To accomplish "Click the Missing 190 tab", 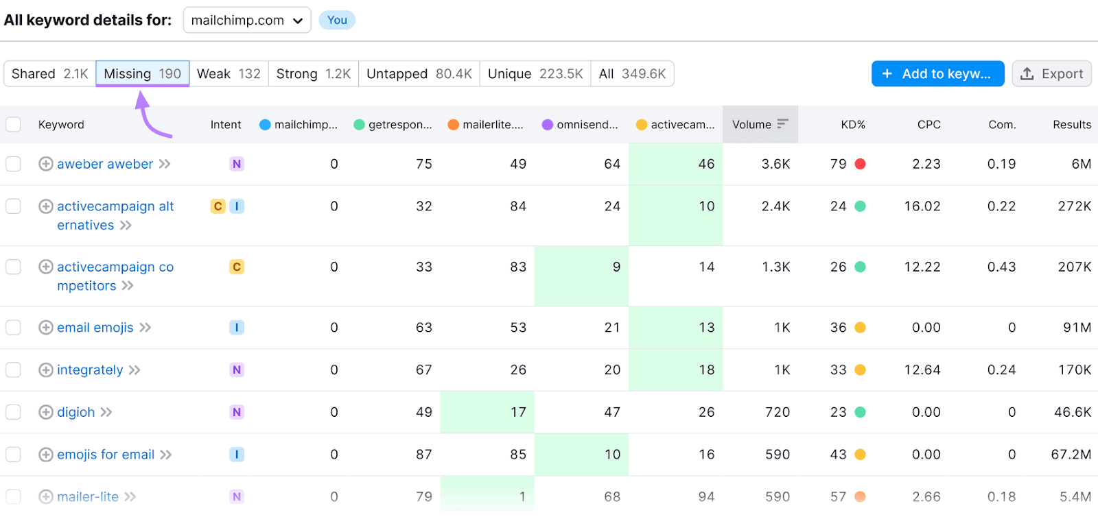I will pos(142,74).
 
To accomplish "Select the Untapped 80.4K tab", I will pos(419,74).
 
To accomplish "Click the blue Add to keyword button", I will pos(937,74).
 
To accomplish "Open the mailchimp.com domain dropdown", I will pos(246,21).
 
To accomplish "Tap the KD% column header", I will pos(852,125).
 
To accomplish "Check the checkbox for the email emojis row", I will pos(14,328).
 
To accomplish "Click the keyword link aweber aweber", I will pos(105,165).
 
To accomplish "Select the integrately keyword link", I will pos(90,370).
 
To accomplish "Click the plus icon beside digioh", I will pos(46,412).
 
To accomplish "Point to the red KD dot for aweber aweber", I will pos(860,165).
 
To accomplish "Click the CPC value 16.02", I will pos(922,206).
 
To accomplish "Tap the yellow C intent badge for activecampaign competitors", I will pos(237,267).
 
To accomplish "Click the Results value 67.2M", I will pos(1071,455).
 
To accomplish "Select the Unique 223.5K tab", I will pos(535,74).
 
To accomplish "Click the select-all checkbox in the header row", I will pos(14,125).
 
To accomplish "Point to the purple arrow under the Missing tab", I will pos(150,117).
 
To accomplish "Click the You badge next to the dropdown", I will pos(337,21).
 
